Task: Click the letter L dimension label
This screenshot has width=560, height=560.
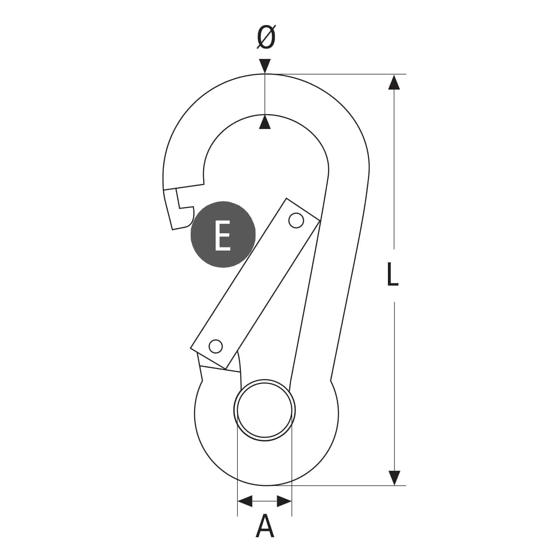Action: (392, 274)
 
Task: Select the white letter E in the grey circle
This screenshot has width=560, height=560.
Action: (223, 235)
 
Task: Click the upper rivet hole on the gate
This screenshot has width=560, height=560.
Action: (296, 220)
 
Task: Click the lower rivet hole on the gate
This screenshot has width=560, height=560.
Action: (215, 346)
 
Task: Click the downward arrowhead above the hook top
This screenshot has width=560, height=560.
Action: (265, 66)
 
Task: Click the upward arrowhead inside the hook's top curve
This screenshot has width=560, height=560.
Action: (265, 122)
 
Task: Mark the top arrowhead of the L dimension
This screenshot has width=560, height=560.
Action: (394, 82)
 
